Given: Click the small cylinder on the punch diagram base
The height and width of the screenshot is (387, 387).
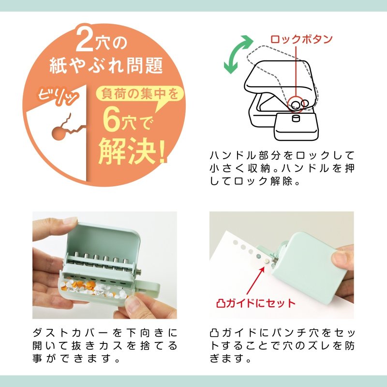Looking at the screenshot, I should click(x=296, y=119).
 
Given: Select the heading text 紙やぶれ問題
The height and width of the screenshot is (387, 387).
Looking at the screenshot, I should click(x=106, y=66).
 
